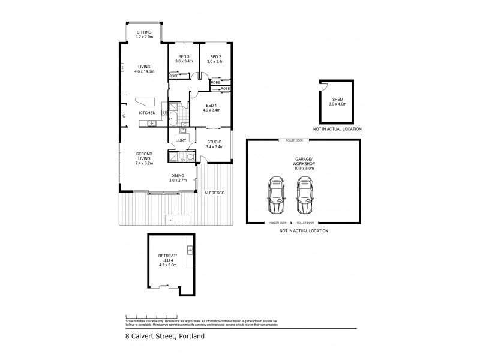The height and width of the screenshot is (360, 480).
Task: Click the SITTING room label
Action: coord(144,32)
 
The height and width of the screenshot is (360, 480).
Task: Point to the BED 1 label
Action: coord(212,106)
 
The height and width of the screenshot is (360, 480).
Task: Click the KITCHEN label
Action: coord(148,113)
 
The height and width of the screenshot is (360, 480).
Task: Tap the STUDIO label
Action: coord(214,142)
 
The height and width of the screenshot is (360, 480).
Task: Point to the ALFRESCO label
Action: coord(214,193)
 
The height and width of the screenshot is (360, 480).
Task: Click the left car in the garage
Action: coord(276,195)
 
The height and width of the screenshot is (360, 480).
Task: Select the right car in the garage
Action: coord(305,195)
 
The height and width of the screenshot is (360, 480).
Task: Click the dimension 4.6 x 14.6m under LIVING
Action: coord(144,71)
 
